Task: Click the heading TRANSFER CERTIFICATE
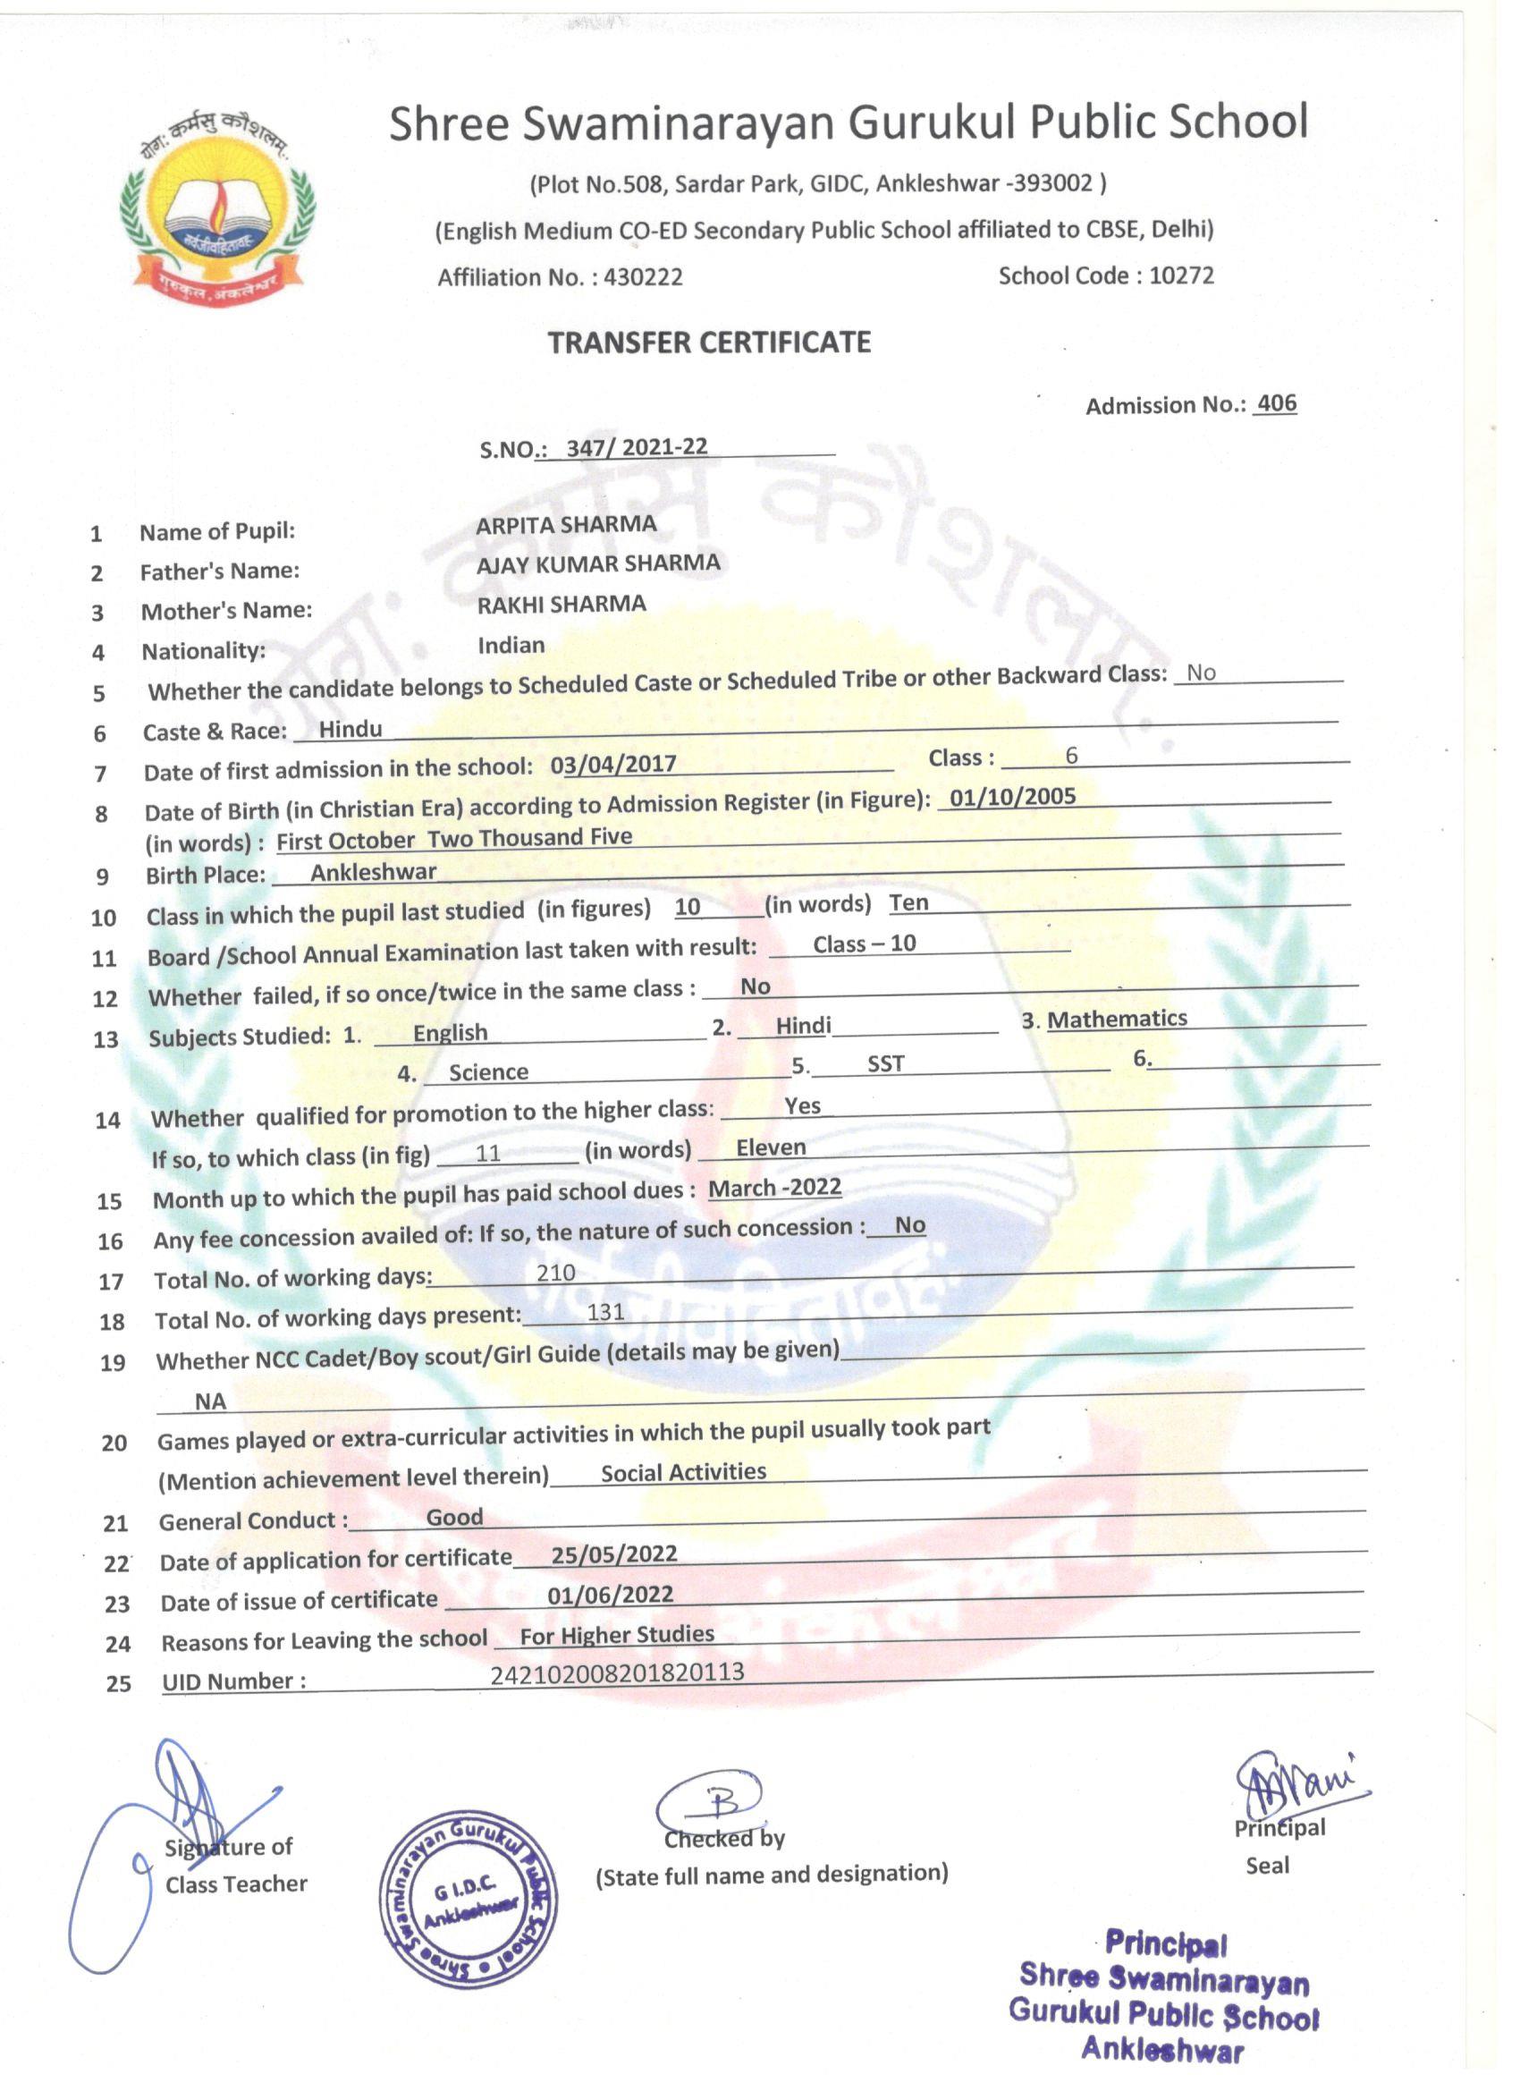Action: click(x=709, y=343)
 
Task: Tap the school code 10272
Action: click(x=1181, y=275)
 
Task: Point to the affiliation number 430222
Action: click(x=644, y=277)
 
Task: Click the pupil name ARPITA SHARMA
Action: click(x=566, y=525)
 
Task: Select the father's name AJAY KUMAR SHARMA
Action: click(x=598, y=563)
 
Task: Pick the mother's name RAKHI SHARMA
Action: click(x=562, y=604)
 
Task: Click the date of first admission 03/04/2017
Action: click(x=613, y=765)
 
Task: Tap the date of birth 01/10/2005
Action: click(x=1012, y=797)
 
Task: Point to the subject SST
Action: click(x=885, y=1064)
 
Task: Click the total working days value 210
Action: click(x=556, y=1274)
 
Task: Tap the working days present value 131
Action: click(x=605, y=1312)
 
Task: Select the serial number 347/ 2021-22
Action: click(x=637, y=447)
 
